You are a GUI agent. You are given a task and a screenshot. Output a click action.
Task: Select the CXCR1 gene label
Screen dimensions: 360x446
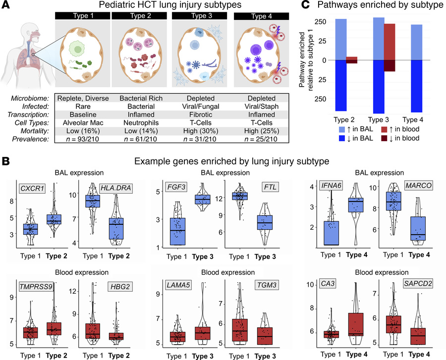pyautogui.click(x=31, y=189)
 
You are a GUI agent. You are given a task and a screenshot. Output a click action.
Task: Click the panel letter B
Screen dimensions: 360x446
pyautogui.click(x=5, y=161)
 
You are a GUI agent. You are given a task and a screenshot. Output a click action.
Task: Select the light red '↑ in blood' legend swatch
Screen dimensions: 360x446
pyautogui.click(x=371, y=129)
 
